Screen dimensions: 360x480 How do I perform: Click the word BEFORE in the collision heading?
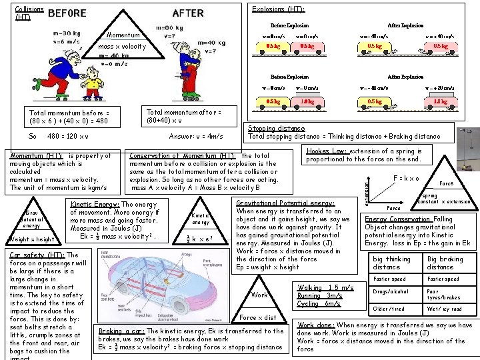pos(67,13)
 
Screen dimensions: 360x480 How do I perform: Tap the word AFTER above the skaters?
pos(188,13)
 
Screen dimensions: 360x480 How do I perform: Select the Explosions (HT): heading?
pos(278,9)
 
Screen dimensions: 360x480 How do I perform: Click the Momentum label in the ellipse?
pos(123,35)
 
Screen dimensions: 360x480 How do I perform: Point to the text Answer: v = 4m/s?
pos(196,136)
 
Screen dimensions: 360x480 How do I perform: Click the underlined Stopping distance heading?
pos(276,128)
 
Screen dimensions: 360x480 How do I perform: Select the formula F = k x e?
pos(406,178)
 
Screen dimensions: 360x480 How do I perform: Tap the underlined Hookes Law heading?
pos(326,151)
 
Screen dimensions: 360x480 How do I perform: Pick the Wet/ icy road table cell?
pos(445,309)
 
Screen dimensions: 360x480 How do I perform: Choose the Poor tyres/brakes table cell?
pos(444,294)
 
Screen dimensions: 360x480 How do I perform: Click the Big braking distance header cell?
pos(445,263)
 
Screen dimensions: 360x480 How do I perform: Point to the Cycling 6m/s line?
pos(319,303)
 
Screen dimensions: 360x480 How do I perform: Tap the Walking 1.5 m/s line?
pos(320,287)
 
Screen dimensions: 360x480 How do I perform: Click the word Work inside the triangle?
pos(260,295)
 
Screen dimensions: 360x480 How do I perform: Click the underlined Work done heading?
pos(316,325)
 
